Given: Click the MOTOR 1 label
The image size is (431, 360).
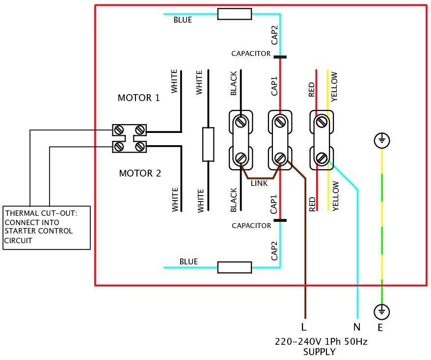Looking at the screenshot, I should (138, 98).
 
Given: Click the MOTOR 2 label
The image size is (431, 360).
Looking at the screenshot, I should (140, 174).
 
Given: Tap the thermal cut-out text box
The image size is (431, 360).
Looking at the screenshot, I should (47, 227).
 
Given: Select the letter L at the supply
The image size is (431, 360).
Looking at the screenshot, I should (304, 327).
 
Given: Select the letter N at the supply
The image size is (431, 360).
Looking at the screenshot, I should (356, 327).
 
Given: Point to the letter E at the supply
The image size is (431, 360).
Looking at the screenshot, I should (380, 328).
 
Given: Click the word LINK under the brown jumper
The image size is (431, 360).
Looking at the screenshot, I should (259, 183).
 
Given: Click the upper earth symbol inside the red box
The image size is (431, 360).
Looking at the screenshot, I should (382, 141).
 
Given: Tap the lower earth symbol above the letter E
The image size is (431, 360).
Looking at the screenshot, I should (382, 311).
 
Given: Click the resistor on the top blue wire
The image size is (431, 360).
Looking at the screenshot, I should (235, 14).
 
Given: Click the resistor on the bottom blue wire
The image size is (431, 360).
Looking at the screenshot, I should (235, 267).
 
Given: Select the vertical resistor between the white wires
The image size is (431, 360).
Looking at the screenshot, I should (208, 144).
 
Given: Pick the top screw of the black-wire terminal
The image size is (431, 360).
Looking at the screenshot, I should (241, 121).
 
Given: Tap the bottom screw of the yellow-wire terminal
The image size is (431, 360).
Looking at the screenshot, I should (322, 158).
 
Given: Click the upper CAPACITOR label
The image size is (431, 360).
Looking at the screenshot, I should (251, 53).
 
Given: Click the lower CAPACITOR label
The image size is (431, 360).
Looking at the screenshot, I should (251, 226).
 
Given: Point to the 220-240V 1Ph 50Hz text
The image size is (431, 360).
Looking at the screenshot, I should (321, 341).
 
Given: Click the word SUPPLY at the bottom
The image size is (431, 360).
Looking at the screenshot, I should (320, 352).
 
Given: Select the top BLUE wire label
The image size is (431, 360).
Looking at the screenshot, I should (183, 21).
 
